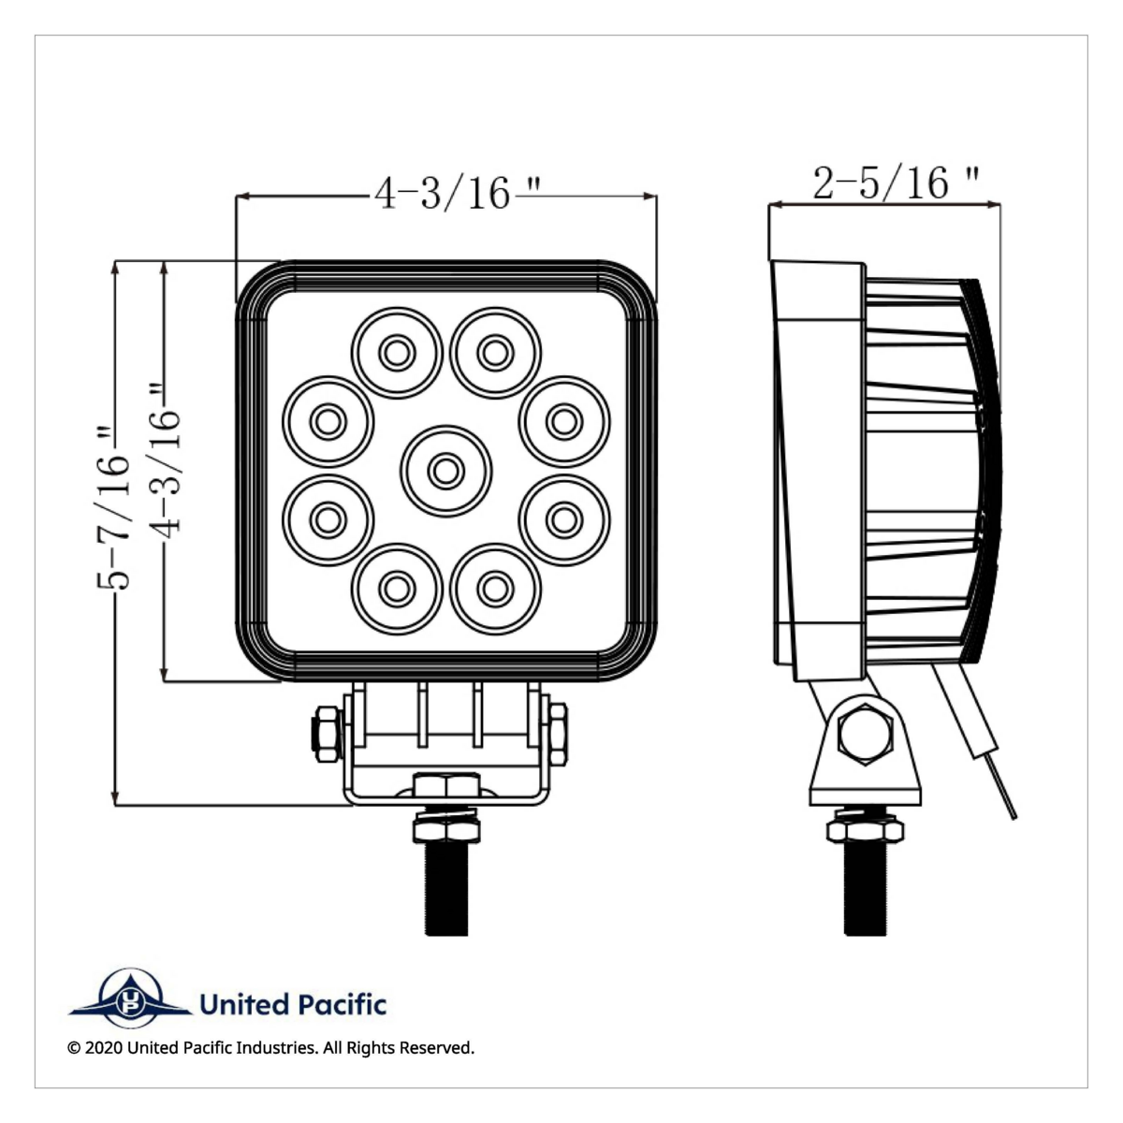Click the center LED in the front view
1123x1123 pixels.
[445, 471]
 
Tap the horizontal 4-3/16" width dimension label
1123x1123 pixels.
[445, 194]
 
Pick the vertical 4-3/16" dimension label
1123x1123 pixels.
[165, 459]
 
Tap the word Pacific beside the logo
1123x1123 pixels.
[341, 1005]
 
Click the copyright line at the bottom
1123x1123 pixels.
[271, 1047]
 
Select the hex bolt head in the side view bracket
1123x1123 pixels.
[864, 733]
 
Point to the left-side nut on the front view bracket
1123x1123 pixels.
[325, 733]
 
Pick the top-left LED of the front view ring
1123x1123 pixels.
[397, 353]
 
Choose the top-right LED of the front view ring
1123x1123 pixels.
[494, 353]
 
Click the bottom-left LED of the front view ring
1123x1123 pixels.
[397, 589]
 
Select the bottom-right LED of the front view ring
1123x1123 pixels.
[494, 589]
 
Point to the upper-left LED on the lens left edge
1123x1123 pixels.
[327, 422]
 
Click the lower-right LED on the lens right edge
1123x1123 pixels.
[563, 519]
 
